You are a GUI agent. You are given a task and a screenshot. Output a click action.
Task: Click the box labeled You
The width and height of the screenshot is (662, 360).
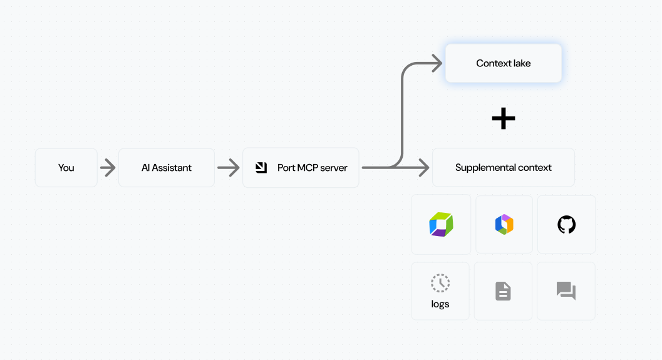pyautogui.click(x=66, y=168)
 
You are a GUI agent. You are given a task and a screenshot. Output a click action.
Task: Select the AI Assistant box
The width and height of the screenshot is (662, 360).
pyautogui.click(x=167, y=168)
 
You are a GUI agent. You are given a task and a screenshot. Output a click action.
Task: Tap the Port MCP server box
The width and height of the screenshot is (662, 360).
pyautogui.click(x=301, y=168)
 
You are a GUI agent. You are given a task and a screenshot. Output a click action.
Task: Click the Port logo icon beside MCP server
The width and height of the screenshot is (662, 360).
pyautogui.click(x=262, y=168)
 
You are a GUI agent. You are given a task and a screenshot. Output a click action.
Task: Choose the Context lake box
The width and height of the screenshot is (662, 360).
pyautogui.click(x=504, y=63)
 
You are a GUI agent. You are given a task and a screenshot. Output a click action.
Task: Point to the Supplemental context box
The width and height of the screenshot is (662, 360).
pyautogui.click(x=504, y=168)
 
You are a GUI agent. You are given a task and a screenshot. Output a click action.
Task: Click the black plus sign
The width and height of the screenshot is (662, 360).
pyautogui.click(x=504, y=118)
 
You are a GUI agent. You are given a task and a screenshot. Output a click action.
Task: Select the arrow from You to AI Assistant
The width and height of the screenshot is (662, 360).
pyautogui.click(x=108, y=168)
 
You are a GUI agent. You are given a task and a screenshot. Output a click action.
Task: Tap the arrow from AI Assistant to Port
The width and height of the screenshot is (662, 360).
pyautogui.click(x=229, y=168)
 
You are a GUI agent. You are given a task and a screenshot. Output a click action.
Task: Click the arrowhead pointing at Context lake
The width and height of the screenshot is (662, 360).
pyautogui.click(x=437, y=63)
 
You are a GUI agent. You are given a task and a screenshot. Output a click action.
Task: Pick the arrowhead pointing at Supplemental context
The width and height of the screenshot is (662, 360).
pyautogui.click(x=424, y=168)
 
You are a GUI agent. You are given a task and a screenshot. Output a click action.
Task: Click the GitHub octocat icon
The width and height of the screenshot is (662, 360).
pyautogui.click(x=566, y=225)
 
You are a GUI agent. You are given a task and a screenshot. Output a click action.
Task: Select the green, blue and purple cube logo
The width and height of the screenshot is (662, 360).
pyautogui.click(x=441, y=225)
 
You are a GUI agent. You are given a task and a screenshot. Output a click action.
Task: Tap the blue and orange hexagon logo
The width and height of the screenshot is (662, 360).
pyautogui.click(x=504, y=225)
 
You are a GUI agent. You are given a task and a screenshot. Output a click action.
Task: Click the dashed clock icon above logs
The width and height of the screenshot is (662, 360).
pyautogui.click(x=440, y=283)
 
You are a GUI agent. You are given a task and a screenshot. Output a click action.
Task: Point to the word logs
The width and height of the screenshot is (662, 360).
pyautogui.click(x=440, y=304)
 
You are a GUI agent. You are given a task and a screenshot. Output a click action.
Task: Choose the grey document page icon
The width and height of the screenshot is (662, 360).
pyautogui.click(x=504, y=291)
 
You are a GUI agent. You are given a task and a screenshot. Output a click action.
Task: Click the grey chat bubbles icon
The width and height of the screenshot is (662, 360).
pyautogui.click(x=566, y=291)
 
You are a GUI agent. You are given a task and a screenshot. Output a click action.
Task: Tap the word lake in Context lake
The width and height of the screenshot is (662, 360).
pyautogui.click(x=522, y=63)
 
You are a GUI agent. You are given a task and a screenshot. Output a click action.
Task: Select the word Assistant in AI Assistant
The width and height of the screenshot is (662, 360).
pyautogui.click(x=172, y=168)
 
